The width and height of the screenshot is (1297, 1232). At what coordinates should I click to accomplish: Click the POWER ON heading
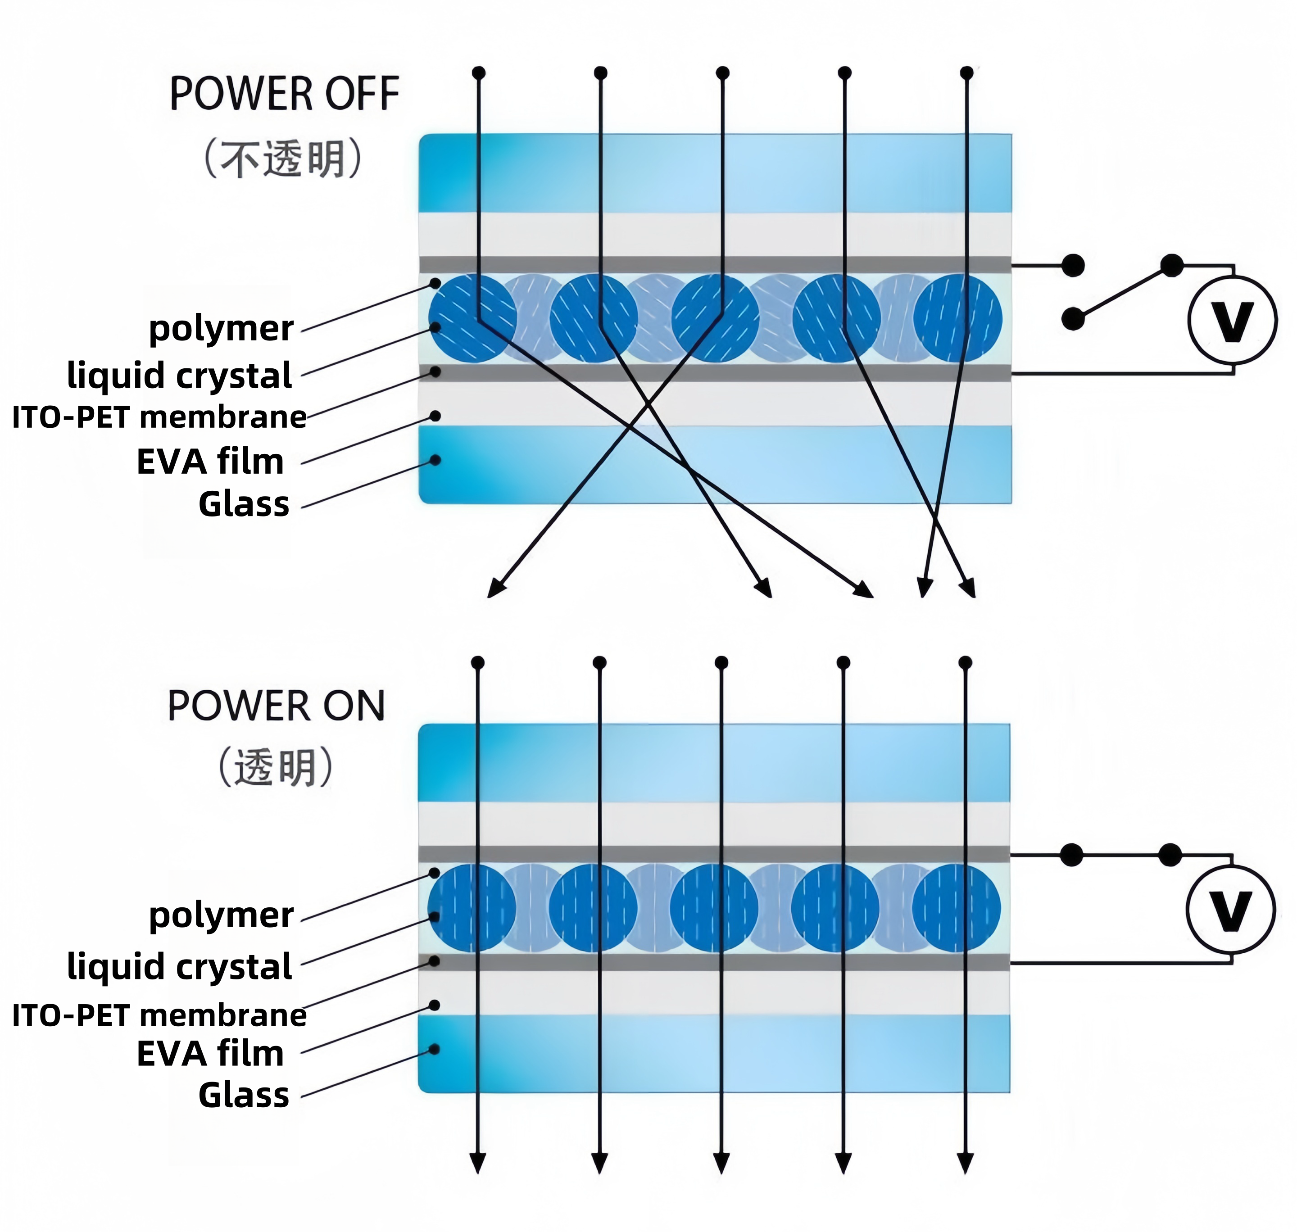[x=276, y=706]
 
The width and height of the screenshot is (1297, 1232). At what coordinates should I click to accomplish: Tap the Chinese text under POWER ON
[x=276, y=767]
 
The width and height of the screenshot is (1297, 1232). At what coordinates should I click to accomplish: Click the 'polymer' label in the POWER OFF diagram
[x=221, y=328]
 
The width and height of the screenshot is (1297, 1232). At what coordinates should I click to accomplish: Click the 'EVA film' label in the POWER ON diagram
[x=210, y=1054]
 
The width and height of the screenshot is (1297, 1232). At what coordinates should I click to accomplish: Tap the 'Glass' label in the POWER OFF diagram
[x=244, y=504]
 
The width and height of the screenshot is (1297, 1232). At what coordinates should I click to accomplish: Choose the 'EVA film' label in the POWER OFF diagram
[x=210, y=462]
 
